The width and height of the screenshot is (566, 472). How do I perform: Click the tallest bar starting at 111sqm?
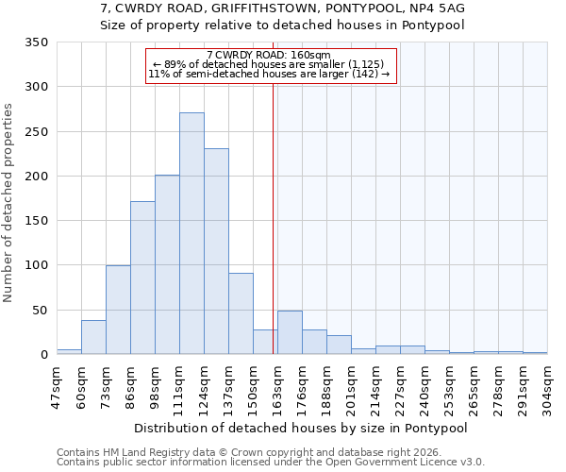191,233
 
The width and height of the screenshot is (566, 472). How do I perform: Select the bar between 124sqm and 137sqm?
216,251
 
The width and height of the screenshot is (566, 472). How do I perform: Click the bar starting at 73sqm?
118,310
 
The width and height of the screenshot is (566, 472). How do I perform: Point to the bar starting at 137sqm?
241,313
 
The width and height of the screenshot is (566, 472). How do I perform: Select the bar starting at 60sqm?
93,337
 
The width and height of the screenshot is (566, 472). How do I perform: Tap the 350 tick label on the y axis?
36,42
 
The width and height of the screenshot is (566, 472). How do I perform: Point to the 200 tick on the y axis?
36,177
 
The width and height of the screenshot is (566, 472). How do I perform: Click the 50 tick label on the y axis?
40,310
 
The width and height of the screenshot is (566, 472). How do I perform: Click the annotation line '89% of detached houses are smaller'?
268,64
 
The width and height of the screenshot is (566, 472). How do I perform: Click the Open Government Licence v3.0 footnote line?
270,462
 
